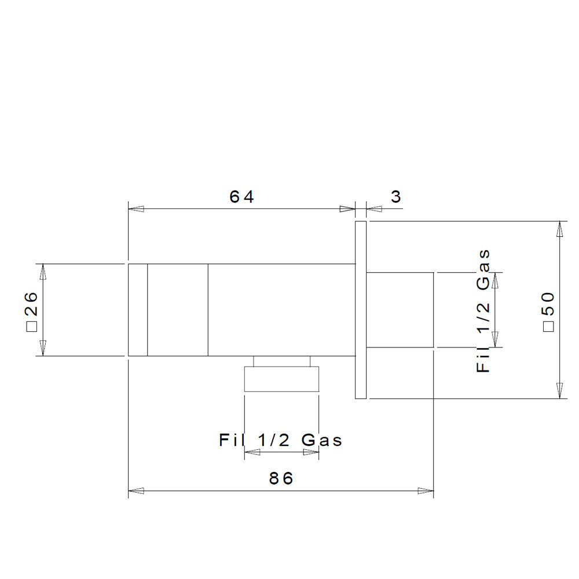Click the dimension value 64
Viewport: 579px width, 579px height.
tap(241, 196)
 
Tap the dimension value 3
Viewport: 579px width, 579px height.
tap(396, 196)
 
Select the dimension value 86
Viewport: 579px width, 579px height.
tap(281, 479)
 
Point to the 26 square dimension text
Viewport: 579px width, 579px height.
tap(32, 312)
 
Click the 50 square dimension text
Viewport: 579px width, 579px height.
tap(549, 312)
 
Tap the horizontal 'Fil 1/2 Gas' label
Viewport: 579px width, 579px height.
tap(281, 440)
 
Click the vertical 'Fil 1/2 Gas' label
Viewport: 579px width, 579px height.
tap(483, 311)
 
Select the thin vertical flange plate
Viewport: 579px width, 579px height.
tap(361, 310)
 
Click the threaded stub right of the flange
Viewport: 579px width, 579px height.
tap(400, 310)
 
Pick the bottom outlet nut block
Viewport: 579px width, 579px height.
tap(281, 379)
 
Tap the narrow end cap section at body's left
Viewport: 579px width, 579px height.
tap(138, 310)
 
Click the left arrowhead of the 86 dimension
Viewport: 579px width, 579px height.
tap(136, 491)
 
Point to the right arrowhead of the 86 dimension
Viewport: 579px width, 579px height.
tap(426, 491)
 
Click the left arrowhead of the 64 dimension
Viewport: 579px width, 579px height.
tap(136, 209)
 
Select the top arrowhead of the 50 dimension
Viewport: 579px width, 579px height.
tap(560, 229)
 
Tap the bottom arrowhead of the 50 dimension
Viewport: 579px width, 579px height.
tap(560, 391)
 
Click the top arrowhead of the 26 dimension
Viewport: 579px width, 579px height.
tap(43, 272)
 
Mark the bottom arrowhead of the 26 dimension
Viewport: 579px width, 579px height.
tap(43, 348)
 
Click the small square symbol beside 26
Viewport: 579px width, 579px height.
tap(32, 327)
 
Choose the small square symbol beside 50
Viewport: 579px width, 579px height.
tap(549, 327)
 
